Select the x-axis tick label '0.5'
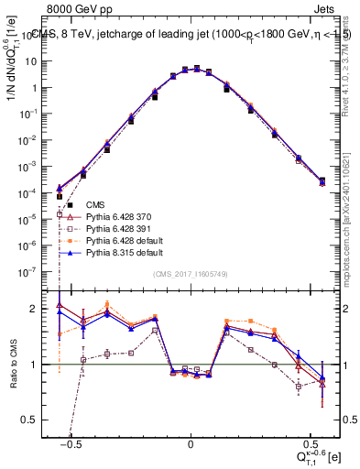tap(310, 442)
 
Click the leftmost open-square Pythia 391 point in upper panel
tap(60, 240)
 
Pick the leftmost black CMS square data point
tap(60, 196)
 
